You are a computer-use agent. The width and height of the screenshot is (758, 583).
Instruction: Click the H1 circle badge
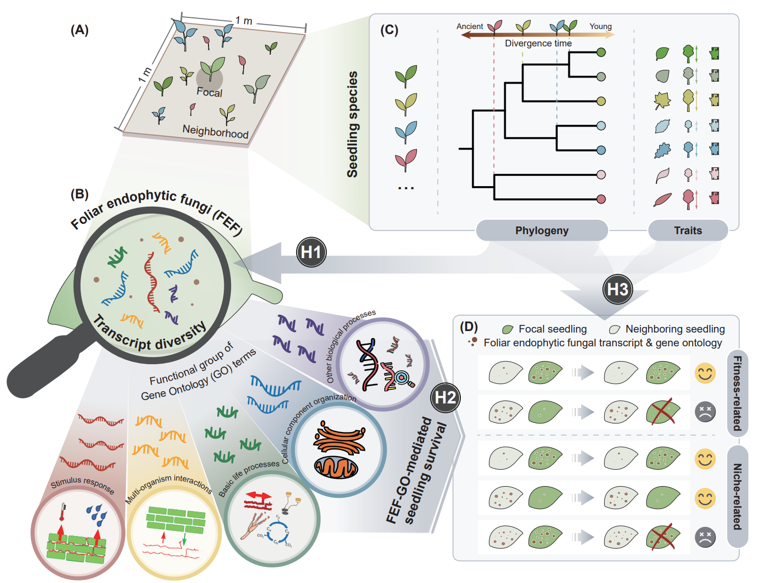coord(310,252)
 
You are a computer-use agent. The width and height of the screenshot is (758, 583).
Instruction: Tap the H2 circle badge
coord(445,397)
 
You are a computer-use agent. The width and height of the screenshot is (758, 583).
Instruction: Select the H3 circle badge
coord(617,289)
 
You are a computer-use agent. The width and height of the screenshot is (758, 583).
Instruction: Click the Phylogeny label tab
coord(541,231)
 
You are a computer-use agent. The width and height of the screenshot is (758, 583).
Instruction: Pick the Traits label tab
coord(688,231)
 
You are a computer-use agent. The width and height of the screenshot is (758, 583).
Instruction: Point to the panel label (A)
coord(80,30)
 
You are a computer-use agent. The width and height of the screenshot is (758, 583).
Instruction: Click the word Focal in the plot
coord(210,92)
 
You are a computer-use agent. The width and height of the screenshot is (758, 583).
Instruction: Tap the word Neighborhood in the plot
coord(215,132)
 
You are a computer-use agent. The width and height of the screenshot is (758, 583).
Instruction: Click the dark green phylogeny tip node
coord(601,52)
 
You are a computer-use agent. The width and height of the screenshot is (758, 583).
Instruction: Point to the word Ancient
coord(469,27)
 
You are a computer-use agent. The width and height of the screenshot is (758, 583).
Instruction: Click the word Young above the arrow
coord(600,27)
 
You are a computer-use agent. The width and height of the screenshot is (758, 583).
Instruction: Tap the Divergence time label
coord(538,43)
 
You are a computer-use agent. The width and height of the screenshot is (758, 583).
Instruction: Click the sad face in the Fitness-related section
coord(705,411)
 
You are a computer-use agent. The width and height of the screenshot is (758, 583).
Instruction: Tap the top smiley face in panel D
coord(705,373)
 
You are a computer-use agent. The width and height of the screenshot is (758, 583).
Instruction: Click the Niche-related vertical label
coord(737,496)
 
